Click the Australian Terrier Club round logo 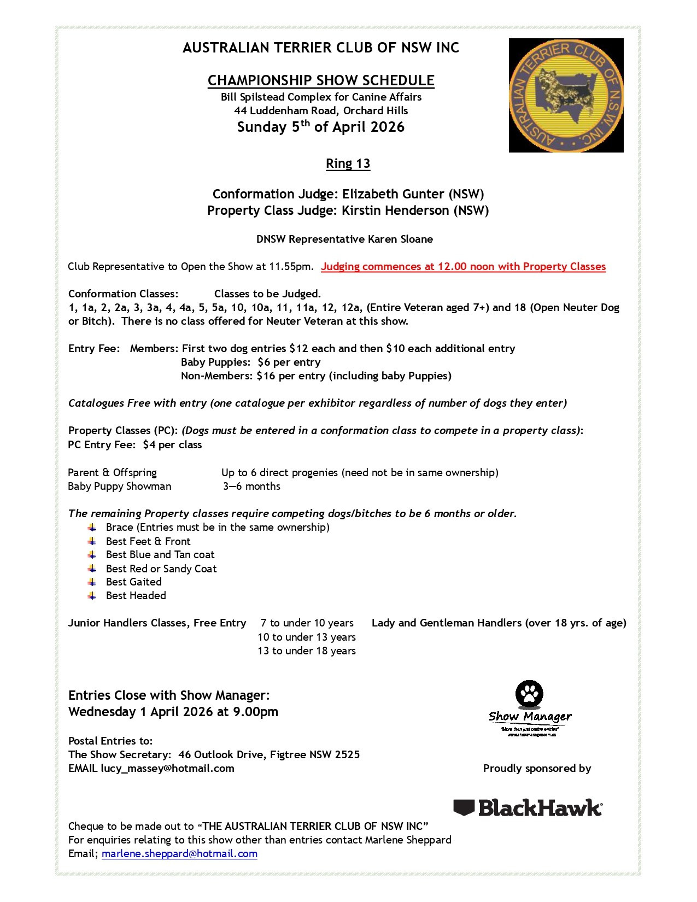click(x=566, y=95)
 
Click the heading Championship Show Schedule click(x=321, y=80)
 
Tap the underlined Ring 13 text click(x=348, y=163)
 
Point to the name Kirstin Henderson click(x=395, y=210)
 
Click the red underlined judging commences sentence click(x=463, y=267)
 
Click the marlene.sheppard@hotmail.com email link click(x=179, y=854)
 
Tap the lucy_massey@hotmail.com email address click(x=167, y=768)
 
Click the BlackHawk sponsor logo click(x=528, y=807)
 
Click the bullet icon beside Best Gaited click(x=92, y=582)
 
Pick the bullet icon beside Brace click(x=92, y=528)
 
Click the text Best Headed click(x=136, y=596)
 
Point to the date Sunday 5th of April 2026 click(x=321, y=127)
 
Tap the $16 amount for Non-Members click(x=266, y=376)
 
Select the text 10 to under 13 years click(x=307, y=637)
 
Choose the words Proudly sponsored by click(x=537, y=768)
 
